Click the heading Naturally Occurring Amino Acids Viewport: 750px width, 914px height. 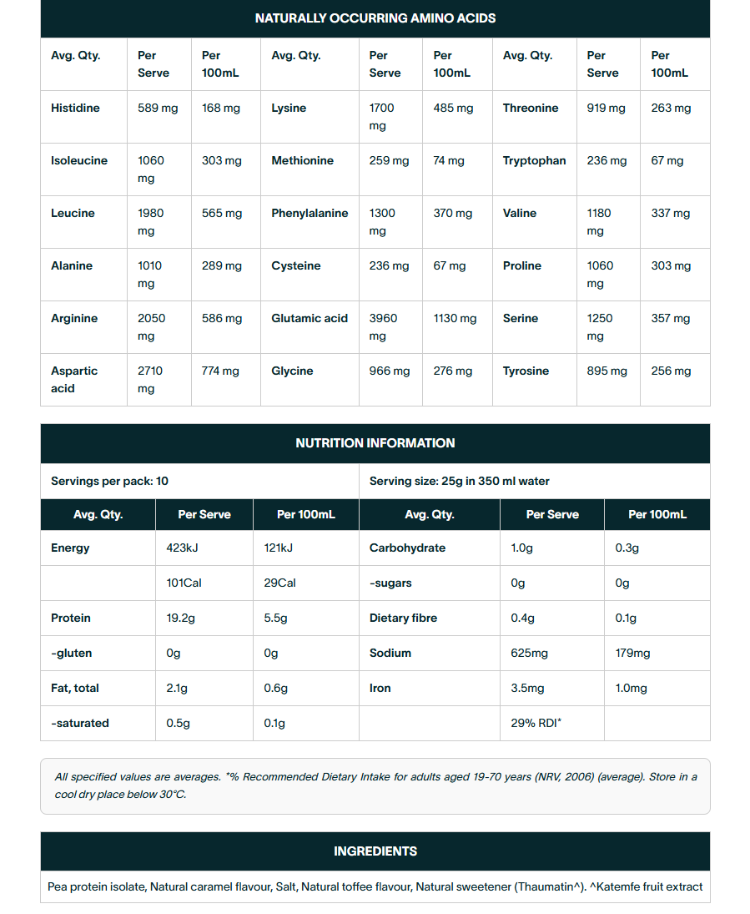pyautogui.click(x=375, y=18)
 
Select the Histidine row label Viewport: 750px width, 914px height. pyautogui.click(x=75, y=109)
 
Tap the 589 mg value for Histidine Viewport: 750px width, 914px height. pyautogui.click(x=156, y=109)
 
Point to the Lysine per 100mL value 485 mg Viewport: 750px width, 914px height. pyautogui.click(x=453, y=109)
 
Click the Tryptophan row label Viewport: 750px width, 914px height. pyautogui.click(x=534, y=161)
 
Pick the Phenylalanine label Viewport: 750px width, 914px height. pyautogui.click(x=310, y=214)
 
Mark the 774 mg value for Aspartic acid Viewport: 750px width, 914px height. pyautogui.click(x=220, y=371)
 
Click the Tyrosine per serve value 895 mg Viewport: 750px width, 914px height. pyautogui.click(x=607, y=371)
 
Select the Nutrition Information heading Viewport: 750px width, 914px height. pyautogui.click(x=375, y=443)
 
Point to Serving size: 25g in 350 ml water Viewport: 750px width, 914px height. pyautogui.click(x=459, y=482)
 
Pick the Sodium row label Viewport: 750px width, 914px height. pyautogui.click(x=390, y=654)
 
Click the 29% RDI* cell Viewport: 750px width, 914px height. pyautogui.click(x=536, y=724)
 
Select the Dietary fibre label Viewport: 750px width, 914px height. pyautogui.click(x=403, y=619)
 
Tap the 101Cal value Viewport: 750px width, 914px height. pyautogui.click(x=184, y=583)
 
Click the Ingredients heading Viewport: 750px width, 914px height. pyautogui.click(x=375, y=851)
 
